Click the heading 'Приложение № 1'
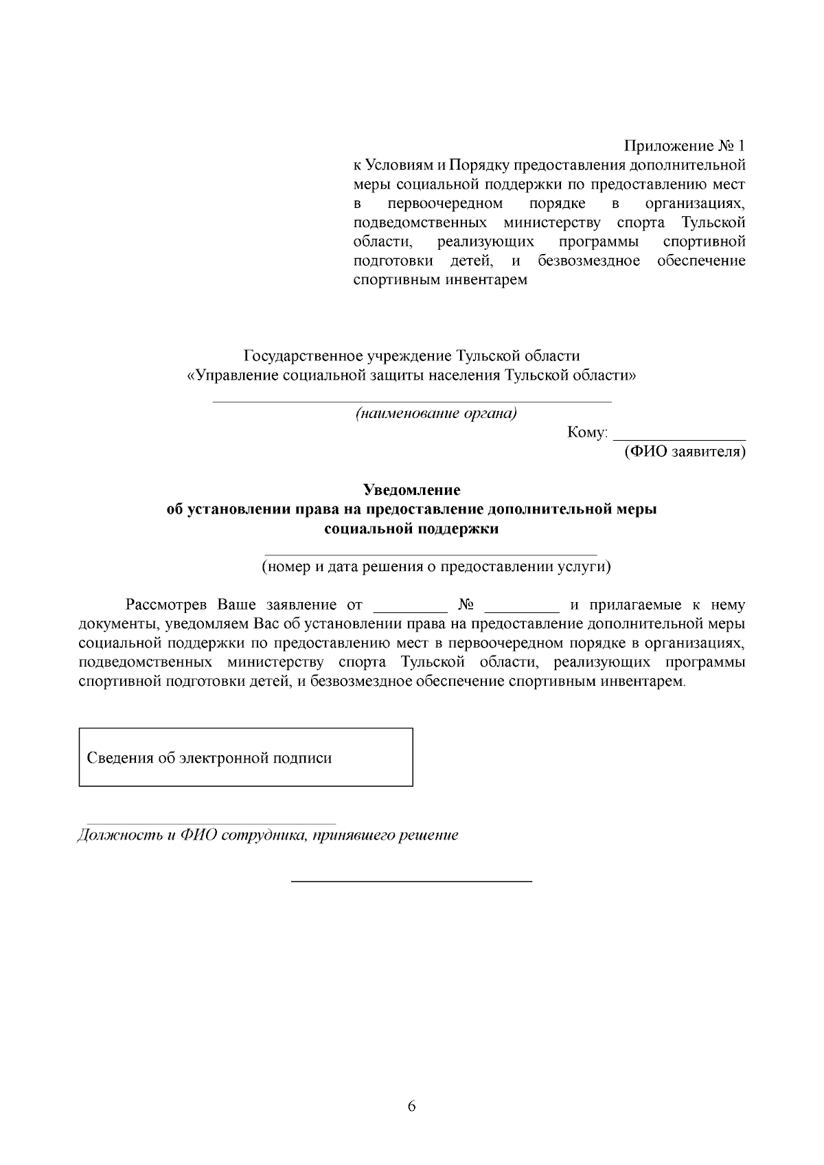[684, 146]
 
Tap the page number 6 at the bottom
[412, 1106]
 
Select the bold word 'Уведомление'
[411, 490]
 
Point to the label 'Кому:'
[588, 433]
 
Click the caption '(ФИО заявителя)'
[684, 452]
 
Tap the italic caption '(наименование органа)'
[435, 413]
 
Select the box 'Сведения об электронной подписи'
[246, 757]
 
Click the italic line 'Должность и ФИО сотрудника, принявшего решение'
[268, 835]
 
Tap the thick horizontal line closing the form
[412, 880]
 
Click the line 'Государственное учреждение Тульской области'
[411, 356]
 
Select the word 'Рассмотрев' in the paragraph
[167, 605]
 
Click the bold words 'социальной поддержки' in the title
[411, 529]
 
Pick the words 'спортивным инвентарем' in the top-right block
[439, 280]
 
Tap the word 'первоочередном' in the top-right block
[445, 204]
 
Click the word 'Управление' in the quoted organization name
[238, 376]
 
